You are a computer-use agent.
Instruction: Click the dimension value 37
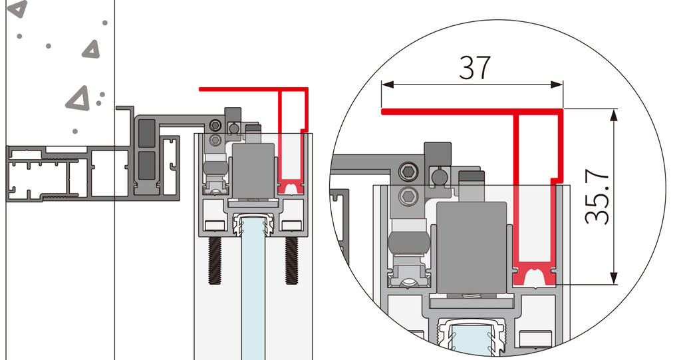(x=475, y=67)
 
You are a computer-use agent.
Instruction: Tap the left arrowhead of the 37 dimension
(x=388, y=85)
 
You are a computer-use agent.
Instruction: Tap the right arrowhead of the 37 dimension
(x=557, y=85)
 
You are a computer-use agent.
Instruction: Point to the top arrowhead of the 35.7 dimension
(x=613, y=115)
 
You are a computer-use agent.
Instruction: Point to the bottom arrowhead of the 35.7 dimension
(x=613, y=278)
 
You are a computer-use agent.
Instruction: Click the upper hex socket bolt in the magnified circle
(x=408, y=172)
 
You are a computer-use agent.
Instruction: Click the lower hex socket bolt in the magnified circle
(x=408, y=197)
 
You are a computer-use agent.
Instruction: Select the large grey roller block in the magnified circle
(x=472, y=247)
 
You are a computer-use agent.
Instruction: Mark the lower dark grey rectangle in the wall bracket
(x=146, y=165)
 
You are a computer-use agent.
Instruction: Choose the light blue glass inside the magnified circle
(x=472, y=337)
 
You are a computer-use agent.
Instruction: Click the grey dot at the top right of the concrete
(x=104, y=23)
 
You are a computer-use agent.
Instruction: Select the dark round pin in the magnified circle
(x=439, y=176)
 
